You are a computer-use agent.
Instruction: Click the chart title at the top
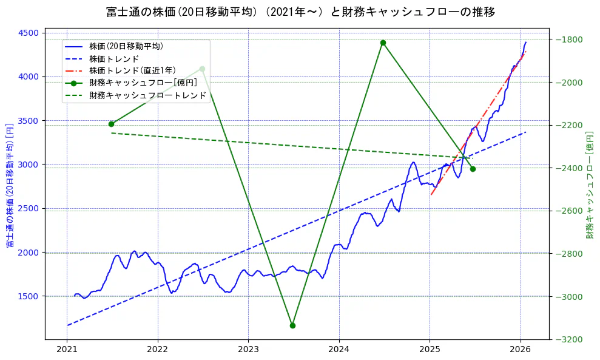(300, 12)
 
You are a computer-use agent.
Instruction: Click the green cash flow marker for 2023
(292, 325)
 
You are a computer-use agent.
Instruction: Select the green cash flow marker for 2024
(383, 42)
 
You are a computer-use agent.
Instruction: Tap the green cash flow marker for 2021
(111, 124)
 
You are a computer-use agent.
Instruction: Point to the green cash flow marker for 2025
(473, 169)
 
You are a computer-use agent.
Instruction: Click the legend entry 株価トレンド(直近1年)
(132, 70)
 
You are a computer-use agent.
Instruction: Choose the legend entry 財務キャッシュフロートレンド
(147, 95)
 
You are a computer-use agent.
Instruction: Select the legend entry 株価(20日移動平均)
(126, 46)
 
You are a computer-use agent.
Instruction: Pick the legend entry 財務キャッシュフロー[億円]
(143, 83)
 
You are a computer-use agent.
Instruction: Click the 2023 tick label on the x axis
(248, 350)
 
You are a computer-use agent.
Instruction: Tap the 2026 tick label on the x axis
(520, 350)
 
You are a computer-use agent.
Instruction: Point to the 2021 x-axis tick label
(67, 350)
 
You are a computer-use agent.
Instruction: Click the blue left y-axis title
(10, 185)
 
